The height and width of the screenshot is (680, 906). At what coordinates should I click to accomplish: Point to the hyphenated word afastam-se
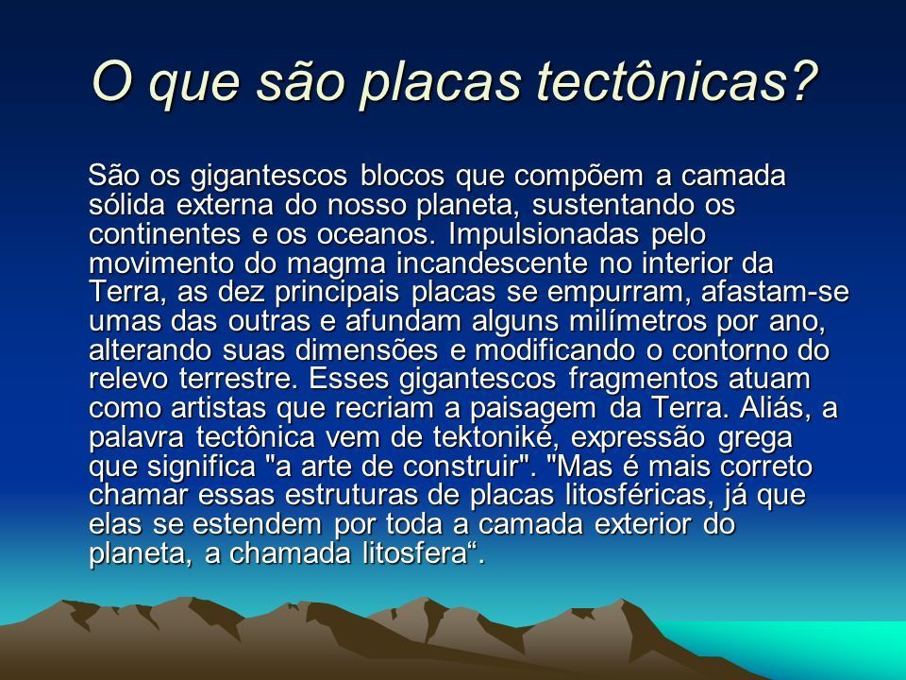pos(775,292)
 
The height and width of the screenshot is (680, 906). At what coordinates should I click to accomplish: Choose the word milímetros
pos(637,320)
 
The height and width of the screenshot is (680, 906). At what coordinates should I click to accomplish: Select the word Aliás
pos(773,408)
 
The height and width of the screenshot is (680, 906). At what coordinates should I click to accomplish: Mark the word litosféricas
pos(631,496)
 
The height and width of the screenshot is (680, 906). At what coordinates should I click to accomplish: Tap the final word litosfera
pos(413,553)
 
